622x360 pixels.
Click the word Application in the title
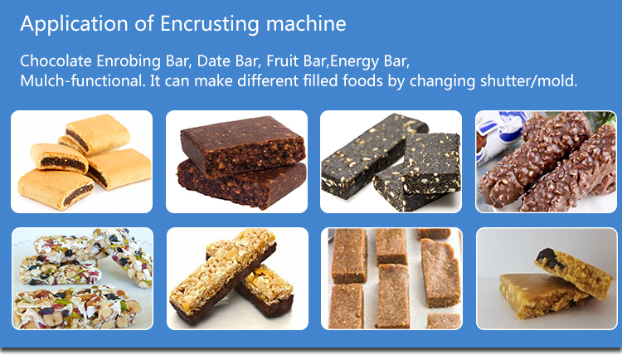click(74, 24)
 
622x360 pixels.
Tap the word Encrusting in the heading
click(210, 24)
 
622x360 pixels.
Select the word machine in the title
click(306, 24)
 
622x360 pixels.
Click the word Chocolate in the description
click(56, 61)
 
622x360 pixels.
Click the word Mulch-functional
click(83, 81)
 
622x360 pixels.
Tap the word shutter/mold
click(529, 81)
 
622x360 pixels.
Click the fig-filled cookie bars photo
click(82, 162)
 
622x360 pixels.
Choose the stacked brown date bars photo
click(236, 162)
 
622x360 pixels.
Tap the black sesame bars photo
click(391, 162)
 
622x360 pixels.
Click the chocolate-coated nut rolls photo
click(546, 162)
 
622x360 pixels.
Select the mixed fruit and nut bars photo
click(82, 279)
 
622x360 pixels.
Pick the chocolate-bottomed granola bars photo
click(237, 279)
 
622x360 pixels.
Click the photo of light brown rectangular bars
click(391, 279)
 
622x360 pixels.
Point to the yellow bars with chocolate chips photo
click(547, 279)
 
